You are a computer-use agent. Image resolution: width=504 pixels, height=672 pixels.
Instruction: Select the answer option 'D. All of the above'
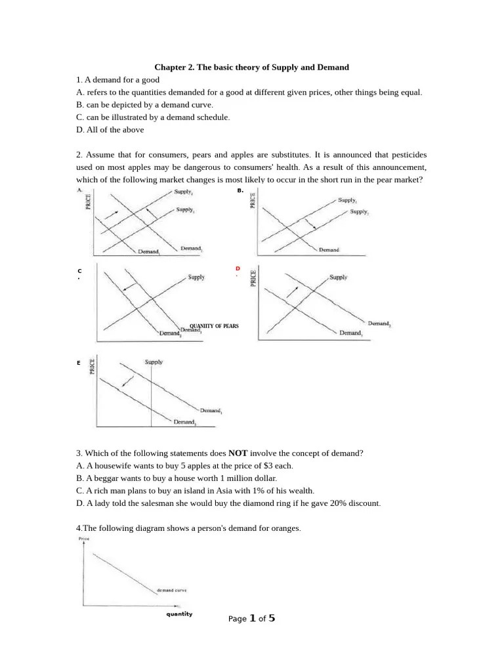[110, 130]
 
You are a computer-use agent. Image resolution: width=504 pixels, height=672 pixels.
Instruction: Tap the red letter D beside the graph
[238, 269]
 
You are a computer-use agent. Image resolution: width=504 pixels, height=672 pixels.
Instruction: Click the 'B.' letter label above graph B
[240, 190]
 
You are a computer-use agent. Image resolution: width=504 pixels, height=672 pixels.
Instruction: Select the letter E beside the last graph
[78, 362]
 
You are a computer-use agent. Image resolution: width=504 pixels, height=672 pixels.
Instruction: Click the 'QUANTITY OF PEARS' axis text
[214, 326]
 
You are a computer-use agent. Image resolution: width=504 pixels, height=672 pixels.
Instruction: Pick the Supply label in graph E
[154, 362]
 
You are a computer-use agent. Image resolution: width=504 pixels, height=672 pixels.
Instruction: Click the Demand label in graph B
[329, 250]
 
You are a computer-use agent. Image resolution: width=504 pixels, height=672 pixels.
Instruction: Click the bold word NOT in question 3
[238, 453]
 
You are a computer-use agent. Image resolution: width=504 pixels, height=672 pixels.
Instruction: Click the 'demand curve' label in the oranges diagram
[172, 590]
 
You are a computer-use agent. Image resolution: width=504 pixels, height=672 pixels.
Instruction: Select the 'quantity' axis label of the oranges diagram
[179, 614]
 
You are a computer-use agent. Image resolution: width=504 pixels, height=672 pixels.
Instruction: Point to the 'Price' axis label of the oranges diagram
[83, 539]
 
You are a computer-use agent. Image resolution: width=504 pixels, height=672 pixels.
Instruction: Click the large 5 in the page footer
[272, 618]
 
